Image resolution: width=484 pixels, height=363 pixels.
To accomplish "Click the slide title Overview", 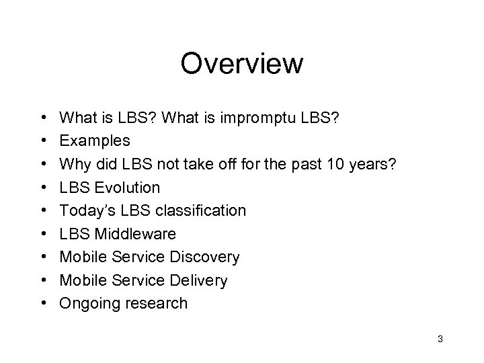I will pyautogui.click(x=242, y=64).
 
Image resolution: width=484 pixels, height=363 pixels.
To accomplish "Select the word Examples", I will pyautogui.click(x=95, y=142).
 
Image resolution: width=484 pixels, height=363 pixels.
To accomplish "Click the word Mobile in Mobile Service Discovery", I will pyautogui.click(x=81, y=257).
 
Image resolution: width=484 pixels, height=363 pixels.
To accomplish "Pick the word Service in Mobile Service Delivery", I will pyautogui.click(x=134, y=280).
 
